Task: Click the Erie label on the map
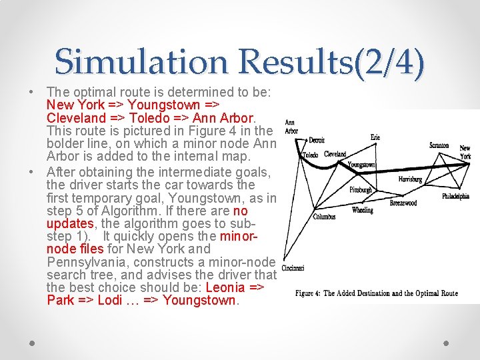375,137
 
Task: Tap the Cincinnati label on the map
293,268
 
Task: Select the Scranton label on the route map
439,145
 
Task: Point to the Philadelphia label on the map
455,197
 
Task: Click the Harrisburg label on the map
410,179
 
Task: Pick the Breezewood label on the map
403,203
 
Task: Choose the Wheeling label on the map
363,210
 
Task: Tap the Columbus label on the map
324,217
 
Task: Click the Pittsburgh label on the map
361,190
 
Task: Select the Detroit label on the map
317,141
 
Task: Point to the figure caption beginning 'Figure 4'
376,293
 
